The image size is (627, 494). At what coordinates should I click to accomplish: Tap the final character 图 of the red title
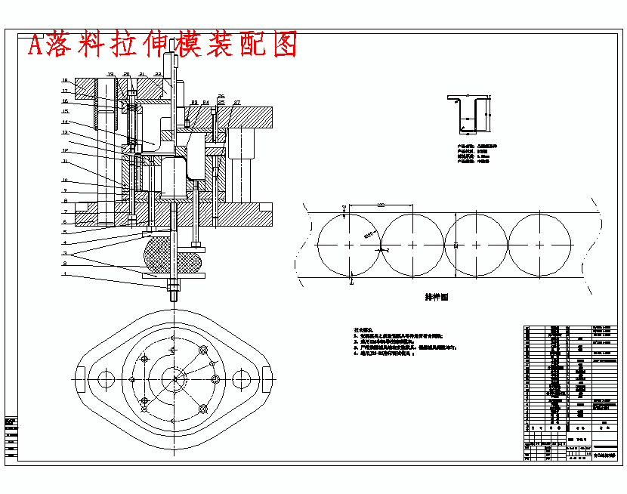(x=281, y=45)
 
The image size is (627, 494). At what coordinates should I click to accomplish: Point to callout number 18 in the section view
(x=65, y=81)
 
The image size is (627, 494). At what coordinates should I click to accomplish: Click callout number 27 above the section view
(x=236, y=101)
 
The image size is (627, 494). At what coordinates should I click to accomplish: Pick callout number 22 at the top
(x=158, y=74)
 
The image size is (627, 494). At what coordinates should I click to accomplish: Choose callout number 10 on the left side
(x=65, y=181)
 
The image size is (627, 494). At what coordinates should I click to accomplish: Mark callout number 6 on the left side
(x=65, y=222)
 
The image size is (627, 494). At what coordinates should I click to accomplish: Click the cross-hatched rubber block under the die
(x=171, y=255)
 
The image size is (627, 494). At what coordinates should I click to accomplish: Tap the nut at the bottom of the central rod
(x=173, y=286)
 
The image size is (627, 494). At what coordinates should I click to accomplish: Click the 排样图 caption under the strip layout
(x=437, y=297)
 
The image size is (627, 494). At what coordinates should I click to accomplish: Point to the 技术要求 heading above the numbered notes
(x=363, y=331)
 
